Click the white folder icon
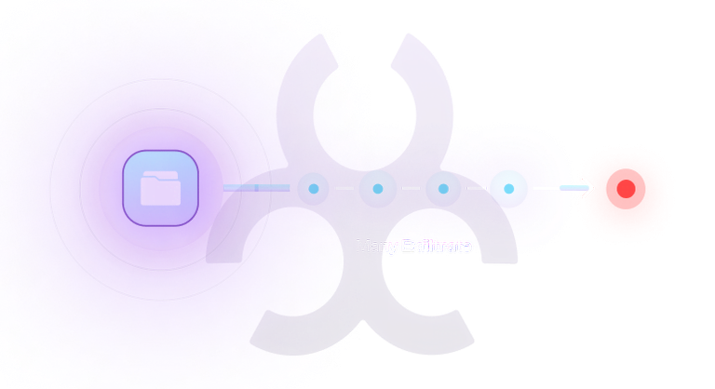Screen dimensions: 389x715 [160, 190]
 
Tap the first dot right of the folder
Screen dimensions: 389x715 [314, 189]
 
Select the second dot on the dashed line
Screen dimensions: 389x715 [378, 189]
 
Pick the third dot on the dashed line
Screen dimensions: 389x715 [443, 189]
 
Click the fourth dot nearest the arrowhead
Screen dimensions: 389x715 [508, 189]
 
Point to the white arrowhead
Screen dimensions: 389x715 [589, 189]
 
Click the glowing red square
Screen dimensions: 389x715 [624, 190]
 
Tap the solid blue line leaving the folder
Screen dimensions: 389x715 [257, 188]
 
